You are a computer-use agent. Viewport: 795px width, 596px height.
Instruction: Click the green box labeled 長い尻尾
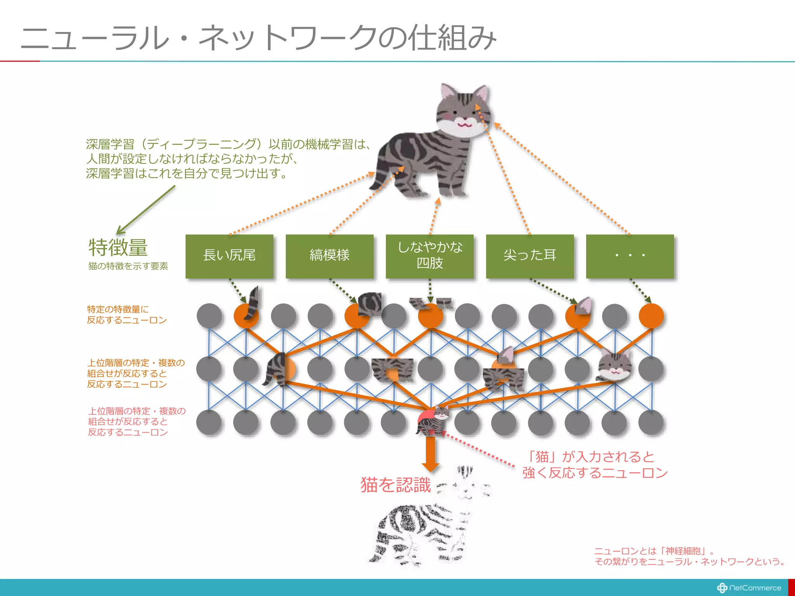(229, 256)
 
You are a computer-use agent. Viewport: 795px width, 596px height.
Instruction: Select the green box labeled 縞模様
(330, 256)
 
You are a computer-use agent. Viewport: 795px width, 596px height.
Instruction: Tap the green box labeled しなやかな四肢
(430, 256)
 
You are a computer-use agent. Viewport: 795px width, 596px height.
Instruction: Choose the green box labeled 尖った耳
(530, 256)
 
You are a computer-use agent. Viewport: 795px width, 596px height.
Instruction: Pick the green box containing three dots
(630, 256)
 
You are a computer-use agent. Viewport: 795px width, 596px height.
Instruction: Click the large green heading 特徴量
(118, 248)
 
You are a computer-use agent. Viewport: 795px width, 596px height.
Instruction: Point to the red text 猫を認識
(396, 485)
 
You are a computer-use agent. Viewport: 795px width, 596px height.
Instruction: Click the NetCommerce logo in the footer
(749, 588)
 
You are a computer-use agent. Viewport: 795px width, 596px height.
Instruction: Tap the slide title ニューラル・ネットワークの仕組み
(258, 38)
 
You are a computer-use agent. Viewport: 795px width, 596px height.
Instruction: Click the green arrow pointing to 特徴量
(146, 210)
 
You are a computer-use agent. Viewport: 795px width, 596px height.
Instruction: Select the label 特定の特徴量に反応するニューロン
(127, 315)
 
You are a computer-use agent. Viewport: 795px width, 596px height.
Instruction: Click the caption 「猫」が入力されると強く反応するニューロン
(595, 465)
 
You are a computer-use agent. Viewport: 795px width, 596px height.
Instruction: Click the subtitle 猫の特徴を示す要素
(128, 266)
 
